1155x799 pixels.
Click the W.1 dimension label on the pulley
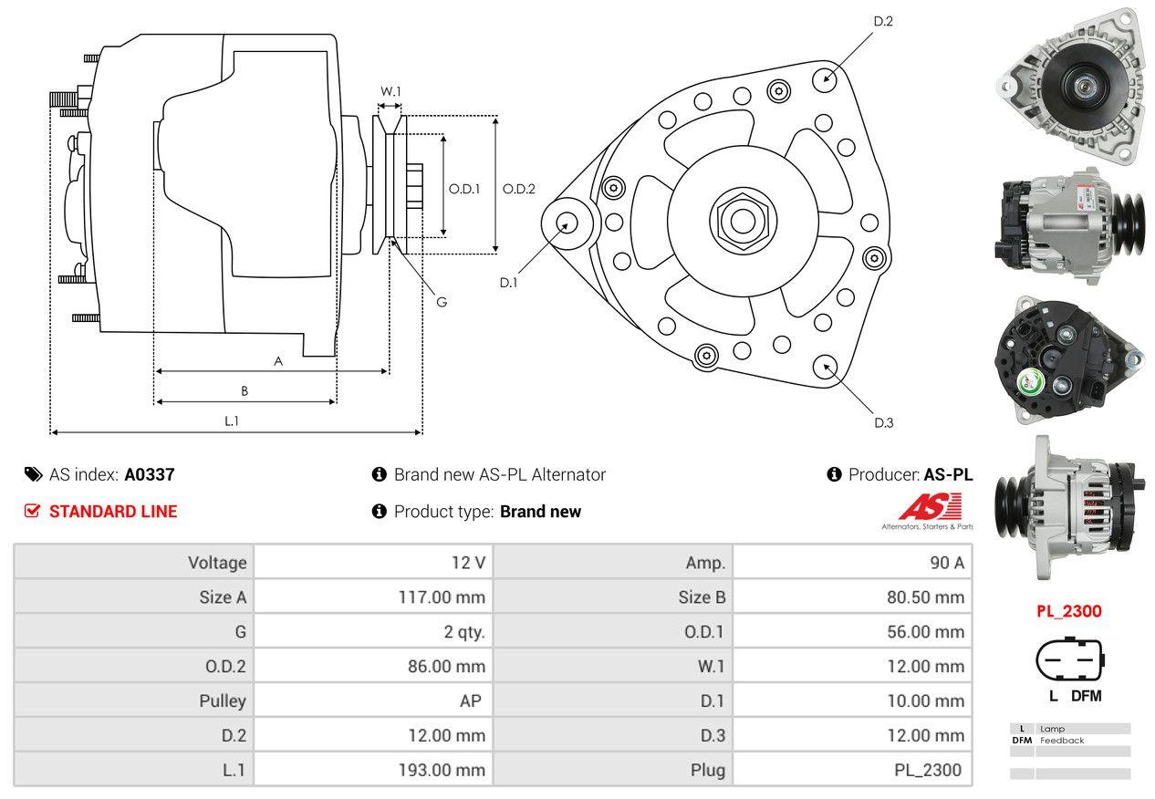pyautogui.click(x=390, y=91)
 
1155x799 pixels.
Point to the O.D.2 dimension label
pyautogui.click(x=518, y=189)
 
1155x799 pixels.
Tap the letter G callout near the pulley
pyautogui.click(x=441, y=301)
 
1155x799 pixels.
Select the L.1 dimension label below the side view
pyautogui.click(x=232, y=420)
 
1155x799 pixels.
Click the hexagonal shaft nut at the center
pyautogui.click(x=740, y=219)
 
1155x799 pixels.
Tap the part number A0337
pyautogui.click(x=150, y=474)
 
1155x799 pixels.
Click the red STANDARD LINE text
pyautogui.click(x=113, y=512)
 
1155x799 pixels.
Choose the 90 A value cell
pyautogui.click(x=946, y=563)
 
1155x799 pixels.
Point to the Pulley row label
pyautogui.click(x=223, y=701)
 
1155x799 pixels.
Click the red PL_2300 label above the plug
pyautogui.click(x=1068, y=611)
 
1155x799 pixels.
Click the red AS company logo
pyautogui.click(x=930, y=506)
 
